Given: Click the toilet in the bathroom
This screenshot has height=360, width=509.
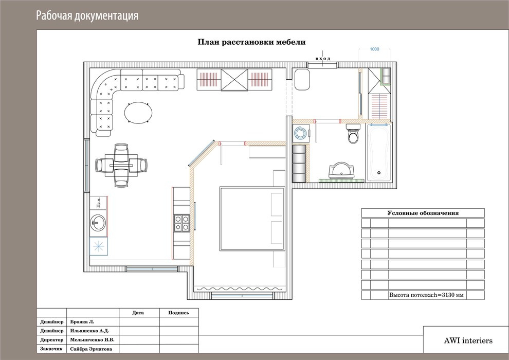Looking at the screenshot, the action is point(353,133).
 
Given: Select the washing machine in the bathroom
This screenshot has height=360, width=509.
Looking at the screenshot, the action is point(300,133).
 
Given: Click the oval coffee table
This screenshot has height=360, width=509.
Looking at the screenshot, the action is point(138,113).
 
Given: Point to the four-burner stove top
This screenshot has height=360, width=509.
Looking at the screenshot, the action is point(182,223).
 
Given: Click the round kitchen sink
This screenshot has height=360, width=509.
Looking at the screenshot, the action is point(97,223).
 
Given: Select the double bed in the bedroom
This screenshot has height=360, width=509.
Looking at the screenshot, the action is point(252,219).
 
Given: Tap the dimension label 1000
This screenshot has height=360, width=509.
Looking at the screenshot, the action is point(374,49).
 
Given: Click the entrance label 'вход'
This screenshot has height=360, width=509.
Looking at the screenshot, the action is point(323,59).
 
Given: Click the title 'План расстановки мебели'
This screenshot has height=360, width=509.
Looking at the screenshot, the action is point(251,42).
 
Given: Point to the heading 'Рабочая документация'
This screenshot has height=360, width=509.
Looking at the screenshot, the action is point(87,15).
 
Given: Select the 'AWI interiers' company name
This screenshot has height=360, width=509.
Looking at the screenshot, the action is point(468,340).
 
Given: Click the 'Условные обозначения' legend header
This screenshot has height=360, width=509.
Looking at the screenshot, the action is point(423,213).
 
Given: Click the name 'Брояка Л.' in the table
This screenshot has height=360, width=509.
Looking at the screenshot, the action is point(82,322).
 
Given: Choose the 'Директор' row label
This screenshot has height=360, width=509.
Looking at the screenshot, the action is point(52,340).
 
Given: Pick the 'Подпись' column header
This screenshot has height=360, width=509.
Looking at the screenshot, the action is point(178,313).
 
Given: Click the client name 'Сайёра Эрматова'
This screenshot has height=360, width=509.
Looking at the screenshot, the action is point(91,349).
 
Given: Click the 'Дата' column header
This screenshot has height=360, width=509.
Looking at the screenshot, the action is point(138,313).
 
